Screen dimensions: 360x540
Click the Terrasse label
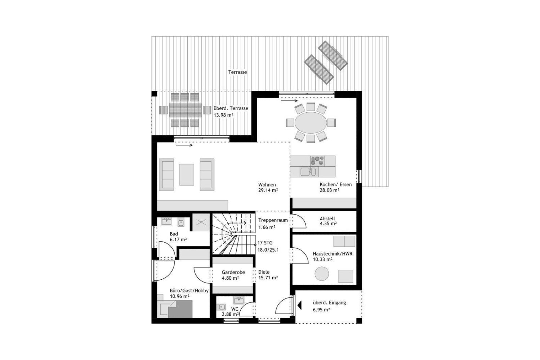pos(237,72)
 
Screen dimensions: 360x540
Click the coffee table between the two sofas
pos(187,175)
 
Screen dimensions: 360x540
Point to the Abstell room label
pos(327,219)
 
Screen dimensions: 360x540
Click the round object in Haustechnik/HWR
pos(322,274)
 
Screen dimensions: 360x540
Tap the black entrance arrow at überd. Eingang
pos(299,306)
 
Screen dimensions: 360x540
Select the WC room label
pos(235,309)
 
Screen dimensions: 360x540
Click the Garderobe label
pos(233,272)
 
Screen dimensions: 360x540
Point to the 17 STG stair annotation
pos(265,243)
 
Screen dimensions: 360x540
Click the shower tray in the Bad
pos(200,222)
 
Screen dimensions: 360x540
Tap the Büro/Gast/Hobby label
pos(189,291)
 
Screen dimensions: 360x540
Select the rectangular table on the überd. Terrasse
pos(186,109)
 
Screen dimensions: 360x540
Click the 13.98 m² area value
pos(223,115)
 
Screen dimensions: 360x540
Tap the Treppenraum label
pos(273,220)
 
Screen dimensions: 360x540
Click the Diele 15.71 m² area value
pos(268,278)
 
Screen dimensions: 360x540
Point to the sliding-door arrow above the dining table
pos(289,101)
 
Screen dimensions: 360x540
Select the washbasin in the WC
pos(238,300)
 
